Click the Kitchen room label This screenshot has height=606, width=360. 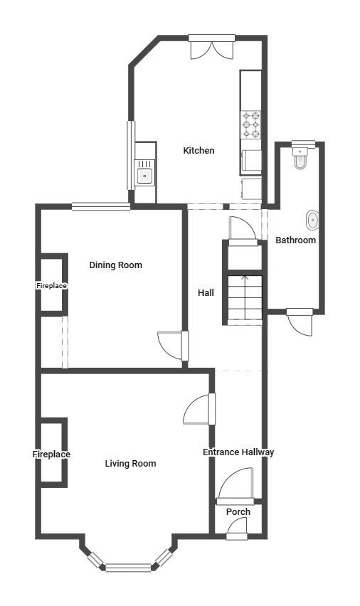(x=198, y=150)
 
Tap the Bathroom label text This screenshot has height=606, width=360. (x=296, y=240)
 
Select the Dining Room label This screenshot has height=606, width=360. (x=116, y=265)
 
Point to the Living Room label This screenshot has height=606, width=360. (x=131, y=463)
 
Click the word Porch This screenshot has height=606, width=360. (x=238, y=511)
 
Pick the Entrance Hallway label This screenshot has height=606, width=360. (x=238, y=452)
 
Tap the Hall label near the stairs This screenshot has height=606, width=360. (x=206, y=293)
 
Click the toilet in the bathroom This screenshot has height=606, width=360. (x=300, y=158)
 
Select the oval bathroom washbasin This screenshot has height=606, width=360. (x=312, y=220)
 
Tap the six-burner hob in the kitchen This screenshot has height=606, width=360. (x=251, y=124)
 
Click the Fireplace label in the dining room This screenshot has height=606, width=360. (x=51, y=286)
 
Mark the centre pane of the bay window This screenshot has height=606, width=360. (x=128, y=568)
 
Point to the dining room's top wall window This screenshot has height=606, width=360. (x=101, y=207)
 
